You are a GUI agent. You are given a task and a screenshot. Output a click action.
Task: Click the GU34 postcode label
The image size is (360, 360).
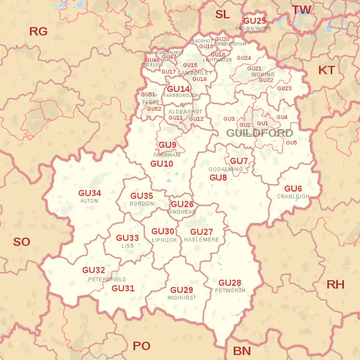[x=90, y=193]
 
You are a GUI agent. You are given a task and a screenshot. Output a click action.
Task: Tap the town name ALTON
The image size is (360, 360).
[x=89, y=201]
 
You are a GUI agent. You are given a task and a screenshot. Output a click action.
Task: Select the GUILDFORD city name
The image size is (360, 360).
[x=259, y=133]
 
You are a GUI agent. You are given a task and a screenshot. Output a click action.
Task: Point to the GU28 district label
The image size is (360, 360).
[x=229, y=283]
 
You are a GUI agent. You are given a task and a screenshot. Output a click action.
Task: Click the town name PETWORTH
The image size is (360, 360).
[x=230, y=291]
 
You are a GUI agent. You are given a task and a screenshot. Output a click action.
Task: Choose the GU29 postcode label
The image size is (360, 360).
[x=181, y=290]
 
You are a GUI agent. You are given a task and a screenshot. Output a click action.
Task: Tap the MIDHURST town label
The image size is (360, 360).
[x=182, y=298]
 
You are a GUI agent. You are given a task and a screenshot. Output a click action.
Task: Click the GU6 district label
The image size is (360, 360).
[x=293, y=189]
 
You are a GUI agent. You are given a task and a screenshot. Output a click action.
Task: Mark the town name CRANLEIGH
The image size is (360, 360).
[x=293, y=197]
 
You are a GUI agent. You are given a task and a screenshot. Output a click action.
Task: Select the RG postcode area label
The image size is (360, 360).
[x=38, y=32]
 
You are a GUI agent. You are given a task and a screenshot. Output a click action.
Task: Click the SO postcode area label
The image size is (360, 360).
[x=22, y=242]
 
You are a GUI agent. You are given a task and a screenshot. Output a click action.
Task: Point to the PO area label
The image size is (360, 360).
[x=142, y=346]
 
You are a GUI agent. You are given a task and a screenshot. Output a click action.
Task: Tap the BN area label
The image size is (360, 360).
[x=241, y=351]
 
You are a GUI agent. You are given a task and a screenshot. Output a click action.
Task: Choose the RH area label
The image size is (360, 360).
[x=335, y=285]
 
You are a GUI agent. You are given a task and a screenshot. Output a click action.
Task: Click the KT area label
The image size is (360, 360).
[x=326, y=70]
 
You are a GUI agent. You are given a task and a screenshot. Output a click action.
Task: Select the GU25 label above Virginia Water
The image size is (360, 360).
[x=255, y=21]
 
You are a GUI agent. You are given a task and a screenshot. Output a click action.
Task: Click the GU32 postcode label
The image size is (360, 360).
[x=94, y=270]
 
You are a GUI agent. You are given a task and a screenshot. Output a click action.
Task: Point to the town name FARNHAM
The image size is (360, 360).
[x=167, y=155]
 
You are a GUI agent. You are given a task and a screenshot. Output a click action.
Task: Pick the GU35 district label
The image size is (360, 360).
[x=141, y=196]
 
